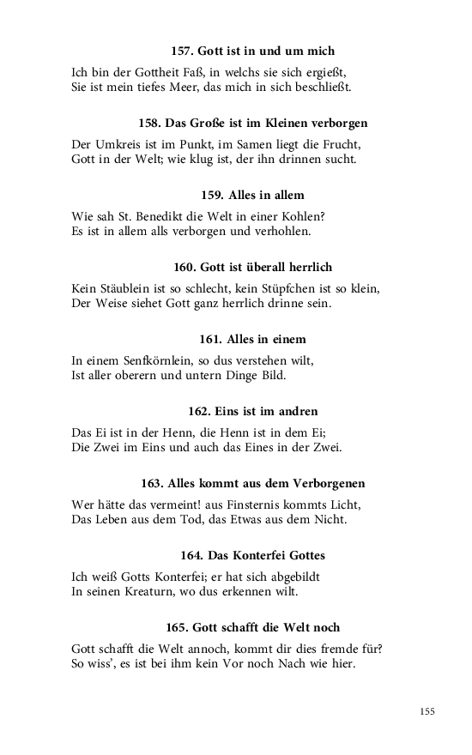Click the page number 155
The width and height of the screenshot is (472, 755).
pos(427,711)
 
